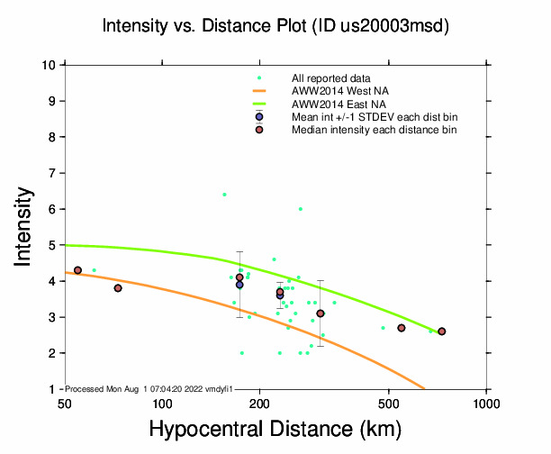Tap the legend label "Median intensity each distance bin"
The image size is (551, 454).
point(374,130)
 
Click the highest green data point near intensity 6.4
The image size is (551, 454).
point(224,195)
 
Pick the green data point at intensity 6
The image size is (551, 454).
point(301,209)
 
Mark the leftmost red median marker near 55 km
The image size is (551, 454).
point(78,270)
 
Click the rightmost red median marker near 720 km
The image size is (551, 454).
point(441,331)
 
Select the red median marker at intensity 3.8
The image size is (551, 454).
point(118,288)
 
